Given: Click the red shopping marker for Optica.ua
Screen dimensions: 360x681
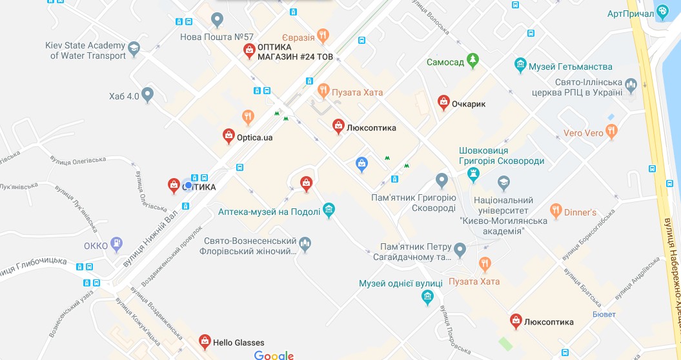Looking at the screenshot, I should (229, 135).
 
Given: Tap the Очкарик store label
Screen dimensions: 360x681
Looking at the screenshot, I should (468, 103).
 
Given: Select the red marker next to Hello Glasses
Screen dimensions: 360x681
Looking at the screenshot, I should (205, 340).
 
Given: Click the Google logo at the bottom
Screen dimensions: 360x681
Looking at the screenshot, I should (274, 355).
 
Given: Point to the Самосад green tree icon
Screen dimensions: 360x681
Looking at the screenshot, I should (474, 61).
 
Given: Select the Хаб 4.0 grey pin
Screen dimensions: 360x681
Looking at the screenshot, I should (148, 95).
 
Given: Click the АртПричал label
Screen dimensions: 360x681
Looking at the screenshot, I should (628, 14).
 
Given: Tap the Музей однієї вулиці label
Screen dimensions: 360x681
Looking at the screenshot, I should (400, 283).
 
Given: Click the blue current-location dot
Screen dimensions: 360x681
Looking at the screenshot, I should (188, 185).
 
